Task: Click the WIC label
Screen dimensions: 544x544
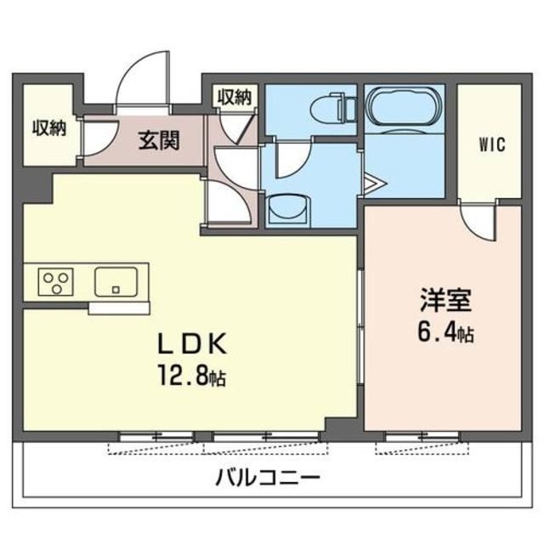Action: point(490,144)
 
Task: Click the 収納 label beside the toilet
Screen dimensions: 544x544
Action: point(234,96)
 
